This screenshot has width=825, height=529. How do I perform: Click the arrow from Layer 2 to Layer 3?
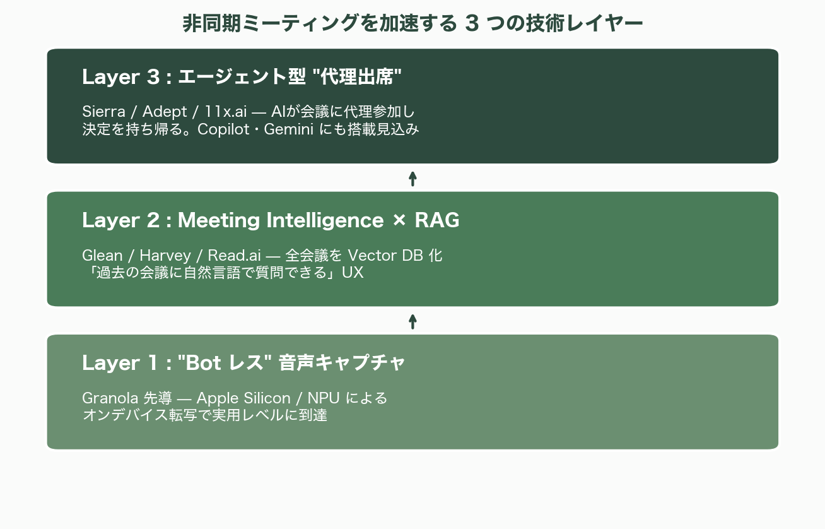click(x=413, y=178)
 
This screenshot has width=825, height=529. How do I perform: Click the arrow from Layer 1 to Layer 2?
click(x=413, y=321)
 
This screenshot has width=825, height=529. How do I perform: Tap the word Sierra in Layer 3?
click(x=103, y=112)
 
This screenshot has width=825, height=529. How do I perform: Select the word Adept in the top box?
click(x=165, y=112)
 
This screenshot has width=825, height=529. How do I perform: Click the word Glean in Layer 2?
click(x=102, y=255)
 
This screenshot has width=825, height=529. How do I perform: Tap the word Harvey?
click(x=165, y=255)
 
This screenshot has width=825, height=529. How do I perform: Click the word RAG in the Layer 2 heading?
click(x=436, y=220)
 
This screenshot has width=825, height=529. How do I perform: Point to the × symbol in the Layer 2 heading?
click(x=399, y=221)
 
